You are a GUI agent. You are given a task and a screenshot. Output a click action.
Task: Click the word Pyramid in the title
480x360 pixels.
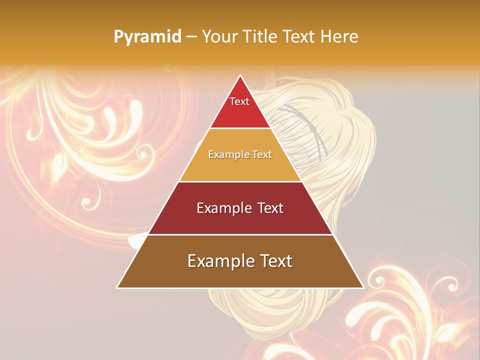147,36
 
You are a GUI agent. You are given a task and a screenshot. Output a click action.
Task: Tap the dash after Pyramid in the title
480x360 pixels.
191,37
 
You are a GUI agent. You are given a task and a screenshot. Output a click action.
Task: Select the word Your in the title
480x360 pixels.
219,36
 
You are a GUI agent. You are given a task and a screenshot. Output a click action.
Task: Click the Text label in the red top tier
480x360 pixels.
239,101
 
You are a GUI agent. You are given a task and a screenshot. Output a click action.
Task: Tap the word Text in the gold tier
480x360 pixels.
262,154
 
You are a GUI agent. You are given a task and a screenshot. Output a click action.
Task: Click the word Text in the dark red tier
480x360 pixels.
270,208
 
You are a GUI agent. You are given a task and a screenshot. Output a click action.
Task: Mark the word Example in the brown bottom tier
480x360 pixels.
218,261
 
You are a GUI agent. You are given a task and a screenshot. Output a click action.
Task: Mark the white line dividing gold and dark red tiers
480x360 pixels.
240,181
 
